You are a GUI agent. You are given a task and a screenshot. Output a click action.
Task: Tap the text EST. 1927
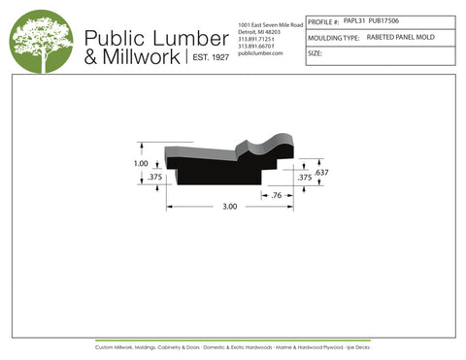[208, 57]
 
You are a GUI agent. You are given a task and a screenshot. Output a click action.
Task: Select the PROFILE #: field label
[323, 20]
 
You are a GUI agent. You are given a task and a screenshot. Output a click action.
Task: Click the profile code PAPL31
[355, 19]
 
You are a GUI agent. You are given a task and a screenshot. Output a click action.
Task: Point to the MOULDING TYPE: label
[333, 37]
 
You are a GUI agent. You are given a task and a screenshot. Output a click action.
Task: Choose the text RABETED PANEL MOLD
[401, 36]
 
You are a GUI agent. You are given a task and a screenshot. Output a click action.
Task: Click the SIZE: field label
[315, 53]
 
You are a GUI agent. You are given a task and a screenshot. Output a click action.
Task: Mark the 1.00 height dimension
[141, 163]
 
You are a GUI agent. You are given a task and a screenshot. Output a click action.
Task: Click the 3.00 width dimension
[228, 208]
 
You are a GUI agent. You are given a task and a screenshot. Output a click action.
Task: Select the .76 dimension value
[277, 195]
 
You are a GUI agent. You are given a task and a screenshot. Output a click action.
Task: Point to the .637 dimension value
[322, 172]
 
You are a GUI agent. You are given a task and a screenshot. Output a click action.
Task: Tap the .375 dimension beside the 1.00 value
[153, 178]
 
